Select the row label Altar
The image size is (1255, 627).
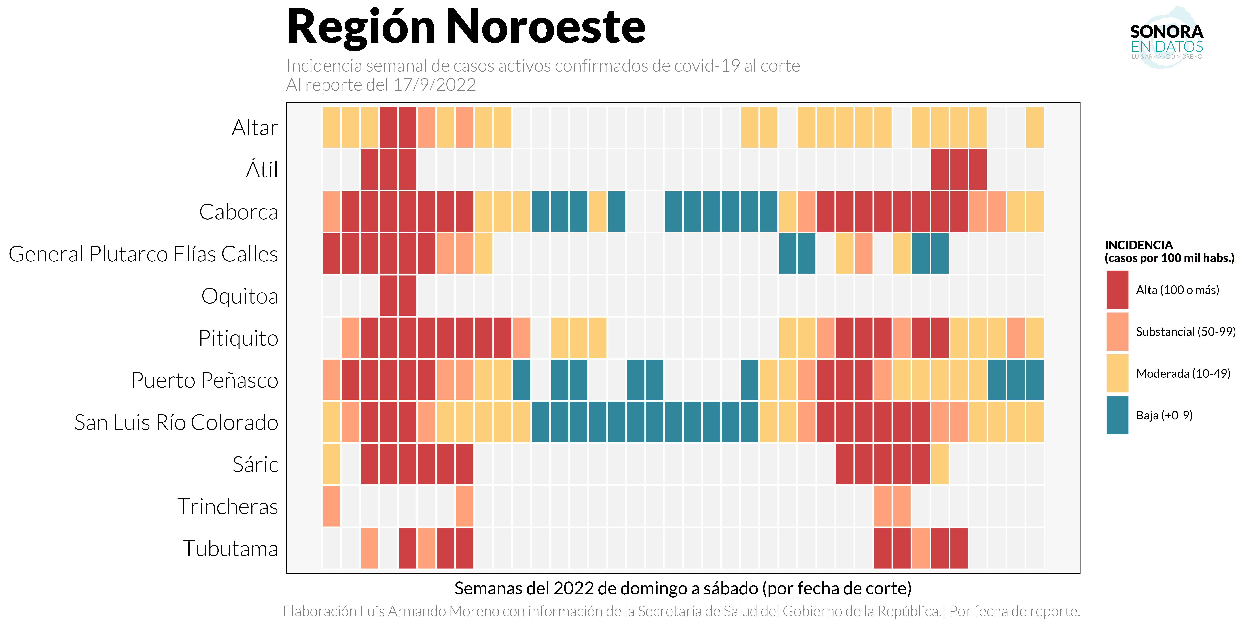[255, 128]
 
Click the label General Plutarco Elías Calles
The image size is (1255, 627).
[143, 254]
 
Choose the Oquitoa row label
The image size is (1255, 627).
[240, 296]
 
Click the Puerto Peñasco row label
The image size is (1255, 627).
[205, 380]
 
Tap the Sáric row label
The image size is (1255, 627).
[255, 464]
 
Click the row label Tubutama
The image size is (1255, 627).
[230, 549]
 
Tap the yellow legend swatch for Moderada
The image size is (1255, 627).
[1117, 373]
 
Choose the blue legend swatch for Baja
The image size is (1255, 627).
[1117, 415]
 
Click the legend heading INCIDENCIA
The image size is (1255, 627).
[1139, 245]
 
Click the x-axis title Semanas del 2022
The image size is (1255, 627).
[682, 589]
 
